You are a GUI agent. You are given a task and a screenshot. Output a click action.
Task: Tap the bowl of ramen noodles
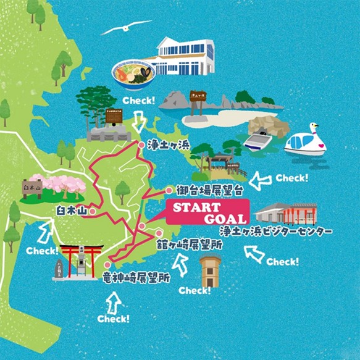pos(133,76)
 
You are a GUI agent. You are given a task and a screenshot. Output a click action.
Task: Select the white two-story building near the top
pos(185,59)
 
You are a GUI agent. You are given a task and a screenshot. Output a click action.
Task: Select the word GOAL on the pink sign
pos(225,218)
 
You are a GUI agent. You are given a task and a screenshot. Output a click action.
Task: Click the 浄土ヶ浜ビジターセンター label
pos(276,232)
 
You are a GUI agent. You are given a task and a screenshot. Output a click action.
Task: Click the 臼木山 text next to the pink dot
pos(71,211)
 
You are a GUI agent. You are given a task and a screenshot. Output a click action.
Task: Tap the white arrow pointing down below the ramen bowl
pos(139,122)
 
